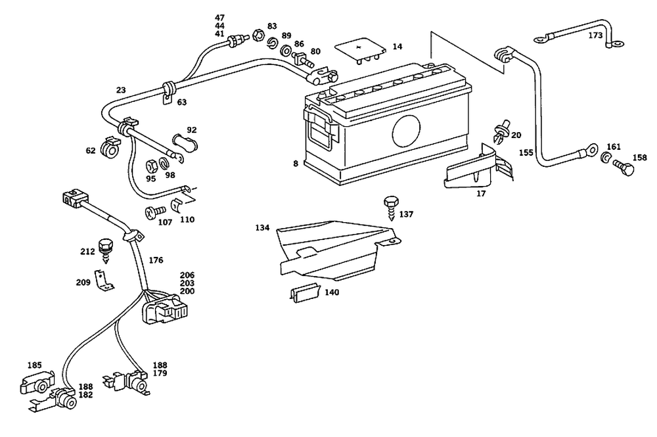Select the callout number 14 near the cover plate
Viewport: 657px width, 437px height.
(x=397, y=47)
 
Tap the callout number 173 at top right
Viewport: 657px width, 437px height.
(x=595, y=35)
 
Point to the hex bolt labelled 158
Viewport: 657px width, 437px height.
(x=625, y=169)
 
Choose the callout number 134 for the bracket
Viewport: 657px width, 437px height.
(x=263, y=228)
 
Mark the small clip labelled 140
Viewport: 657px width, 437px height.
(x=304, y=293)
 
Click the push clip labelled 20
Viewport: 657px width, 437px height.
(x=501, y=131)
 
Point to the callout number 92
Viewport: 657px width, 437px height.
(x=192, y=130)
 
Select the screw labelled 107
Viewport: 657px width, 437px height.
(x=157, y=213)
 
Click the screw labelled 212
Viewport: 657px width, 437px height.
(x=104, y=247)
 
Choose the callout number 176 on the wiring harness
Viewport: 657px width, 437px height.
(x=156, y=260)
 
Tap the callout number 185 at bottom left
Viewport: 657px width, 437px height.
(x=34, y=365)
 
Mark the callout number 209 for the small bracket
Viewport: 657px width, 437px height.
(x=83, y=283)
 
